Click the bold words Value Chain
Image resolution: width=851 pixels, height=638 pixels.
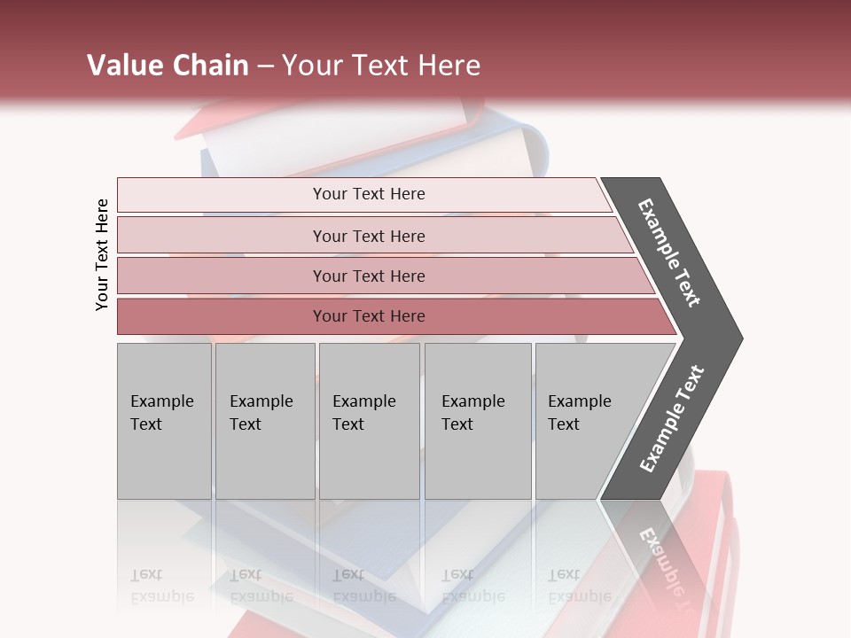(x=168, y=66)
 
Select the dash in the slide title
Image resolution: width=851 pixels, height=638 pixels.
(x=265, y=66)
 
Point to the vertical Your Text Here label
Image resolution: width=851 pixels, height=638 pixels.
(x=102, y=254)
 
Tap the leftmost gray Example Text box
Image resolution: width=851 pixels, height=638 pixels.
(x=164, y=421)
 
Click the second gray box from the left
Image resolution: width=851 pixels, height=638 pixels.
(x=264, y=421)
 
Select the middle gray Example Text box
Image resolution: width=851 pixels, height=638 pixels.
(x=369, y=421)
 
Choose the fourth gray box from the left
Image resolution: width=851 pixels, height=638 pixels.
(x=477, y=421)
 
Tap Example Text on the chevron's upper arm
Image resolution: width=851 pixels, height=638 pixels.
(x=669, y=253)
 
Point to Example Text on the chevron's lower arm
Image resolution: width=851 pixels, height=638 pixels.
(x=672, y=419)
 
